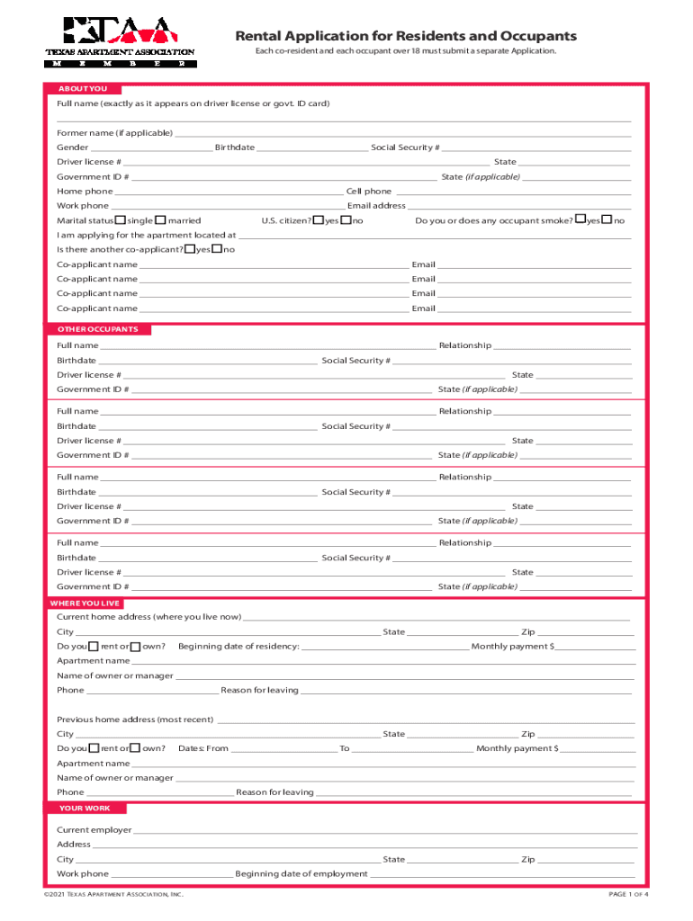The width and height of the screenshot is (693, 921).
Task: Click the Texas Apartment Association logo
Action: click(x=120, y=42)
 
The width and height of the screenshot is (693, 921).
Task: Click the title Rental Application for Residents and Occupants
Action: click(x=406, y=36)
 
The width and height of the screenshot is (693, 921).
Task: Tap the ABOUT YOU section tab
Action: click(x=82, y=89)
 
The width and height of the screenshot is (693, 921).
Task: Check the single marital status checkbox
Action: click(x=121, y=220)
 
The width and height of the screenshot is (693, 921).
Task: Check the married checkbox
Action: click(x=160, y=220)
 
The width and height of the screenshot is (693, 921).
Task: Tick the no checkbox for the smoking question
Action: click(x=607, y=220)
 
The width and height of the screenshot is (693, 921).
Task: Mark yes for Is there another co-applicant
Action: click(x=189, y=249)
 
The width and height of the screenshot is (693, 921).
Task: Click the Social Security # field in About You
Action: click(x=535, y=148)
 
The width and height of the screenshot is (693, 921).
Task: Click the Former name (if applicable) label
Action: click(x=114, y=133)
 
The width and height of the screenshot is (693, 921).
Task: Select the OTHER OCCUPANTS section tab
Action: click(x=98, y=329)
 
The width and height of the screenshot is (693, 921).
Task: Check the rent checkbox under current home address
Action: click(x=94, y=647)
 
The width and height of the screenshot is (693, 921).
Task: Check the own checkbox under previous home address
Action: click(x=136, y=748)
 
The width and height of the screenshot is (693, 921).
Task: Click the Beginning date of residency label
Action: click(x=238, y=647)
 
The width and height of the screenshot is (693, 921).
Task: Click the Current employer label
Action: click(x=94, y=830)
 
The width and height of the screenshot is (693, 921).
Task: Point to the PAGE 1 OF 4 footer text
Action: click(x=628, y=895)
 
